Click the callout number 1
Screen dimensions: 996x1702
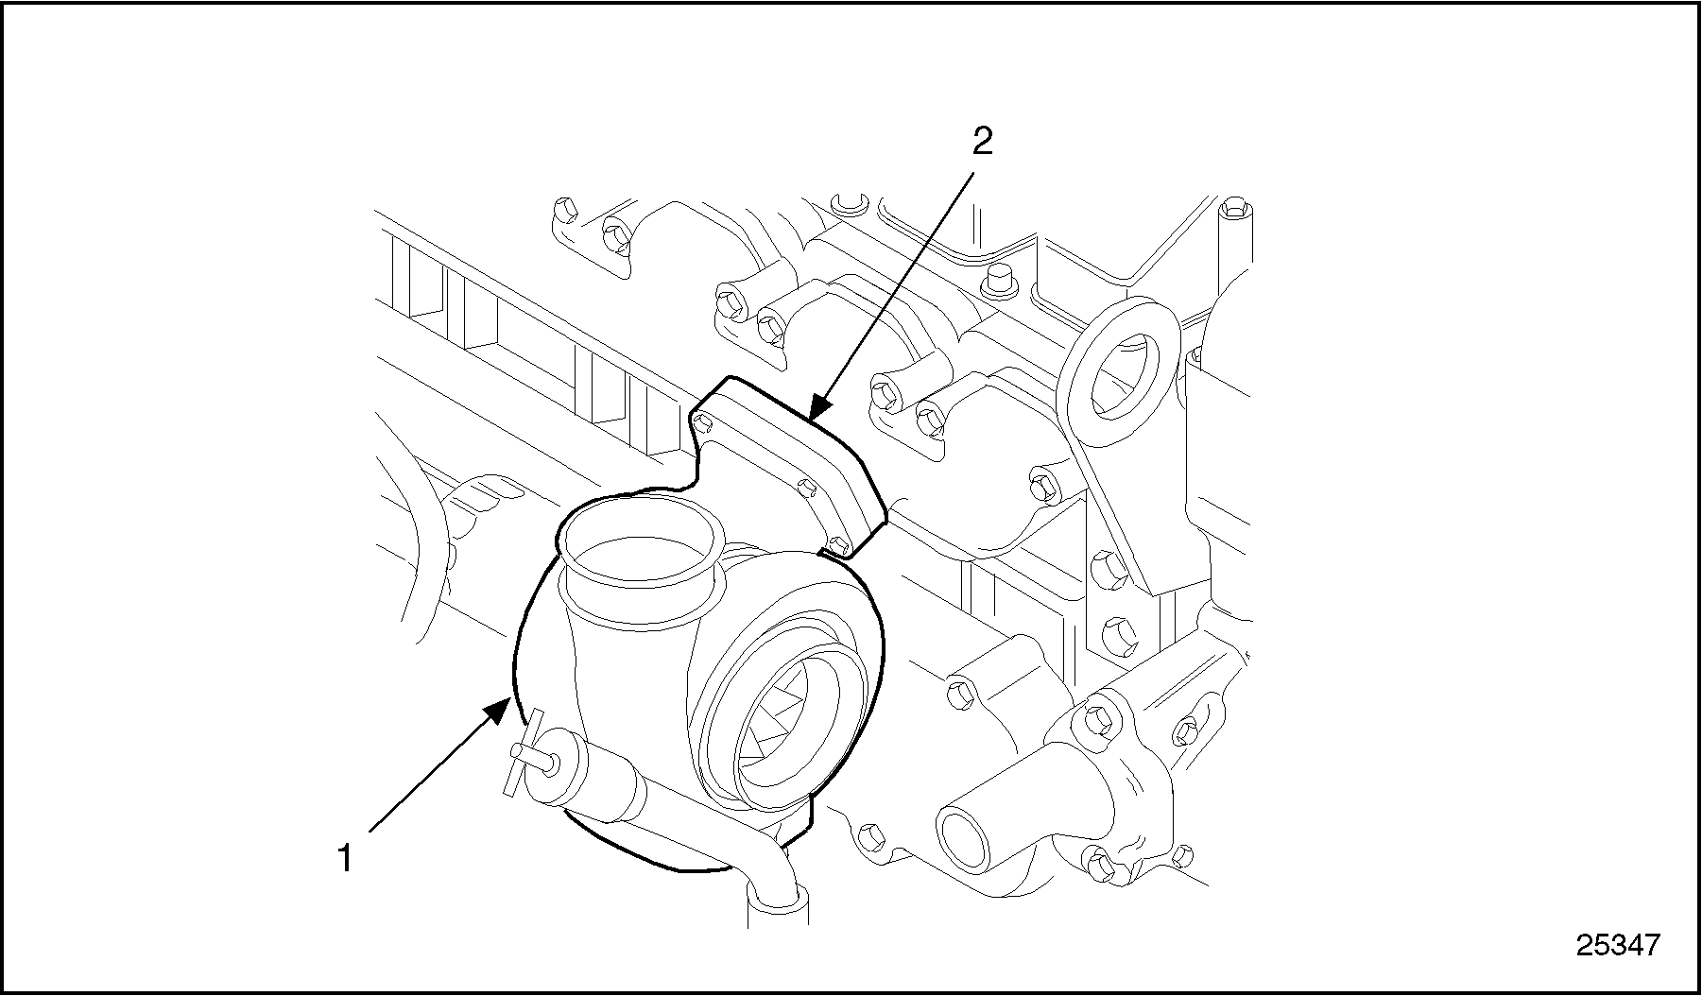coord(345,859)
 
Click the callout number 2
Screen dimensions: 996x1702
coord(982,142)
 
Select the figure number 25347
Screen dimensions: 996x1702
coord(1617,944)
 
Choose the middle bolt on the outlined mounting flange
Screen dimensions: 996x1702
coord(806,488)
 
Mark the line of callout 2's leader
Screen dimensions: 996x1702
coord(898,283)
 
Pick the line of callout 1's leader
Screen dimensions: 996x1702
coord(430,775)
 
